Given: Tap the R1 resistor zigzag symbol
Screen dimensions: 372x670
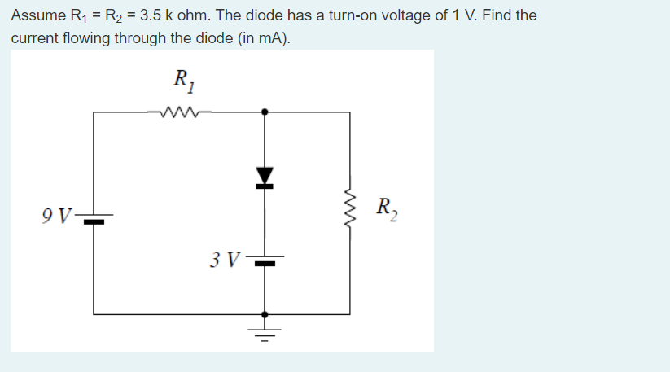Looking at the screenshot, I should pos(181,112).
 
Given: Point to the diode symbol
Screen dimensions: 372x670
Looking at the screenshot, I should pos(264,177).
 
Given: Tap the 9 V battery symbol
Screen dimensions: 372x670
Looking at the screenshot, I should pos(94,217).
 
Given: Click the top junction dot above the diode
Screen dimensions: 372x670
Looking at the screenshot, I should pos(264,112).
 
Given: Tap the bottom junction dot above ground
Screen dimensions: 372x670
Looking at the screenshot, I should pos(264,313).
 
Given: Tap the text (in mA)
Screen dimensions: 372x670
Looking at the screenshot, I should pos(268,38).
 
